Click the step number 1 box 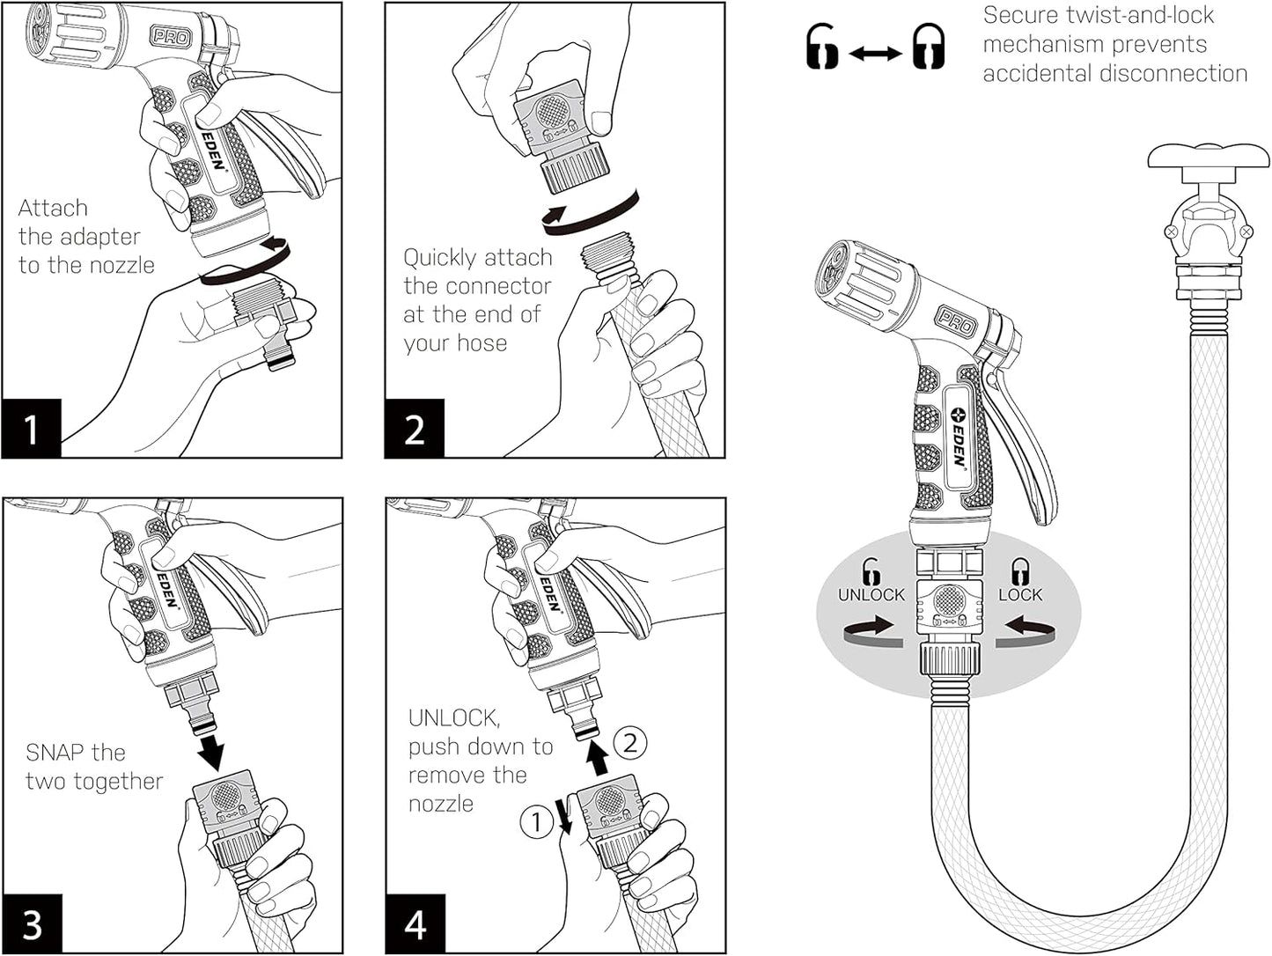pos(31,430)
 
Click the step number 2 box pos(415,430)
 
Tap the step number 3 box pos(32,924)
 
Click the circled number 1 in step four pos(535,823)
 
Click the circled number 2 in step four pos(629,743)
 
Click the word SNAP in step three pos(55,753)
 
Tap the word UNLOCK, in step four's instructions pos(454,718)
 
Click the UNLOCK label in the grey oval pos(871,595)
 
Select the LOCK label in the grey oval pos(1020,595)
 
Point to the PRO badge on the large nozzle pos(956,321)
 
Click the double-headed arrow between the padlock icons pos(876,54)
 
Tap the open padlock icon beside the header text pos(823,47)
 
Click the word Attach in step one pos(53,209)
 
